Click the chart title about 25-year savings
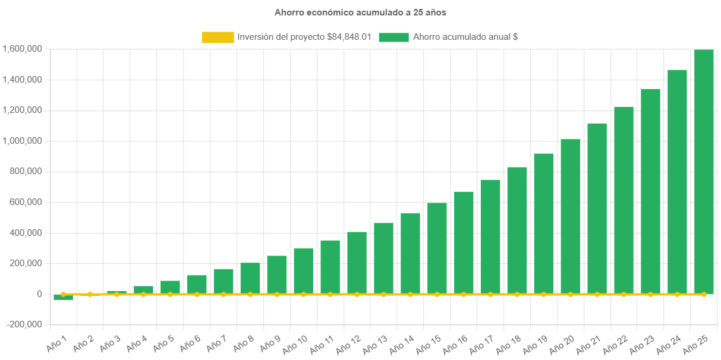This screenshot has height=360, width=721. click(x=360, y=12)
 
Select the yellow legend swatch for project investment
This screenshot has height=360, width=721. click(x=218, y=37)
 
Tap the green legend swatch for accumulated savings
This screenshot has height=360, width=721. click(x=393, y=37)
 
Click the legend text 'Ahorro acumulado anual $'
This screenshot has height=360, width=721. click(x=465, y=37)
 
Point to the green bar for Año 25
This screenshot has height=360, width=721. click(x=704, y=172)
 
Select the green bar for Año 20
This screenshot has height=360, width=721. click(x=570, y=217)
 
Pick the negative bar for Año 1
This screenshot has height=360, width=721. click(x=63, y=297)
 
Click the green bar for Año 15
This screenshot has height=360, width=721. click(x=437, y=248)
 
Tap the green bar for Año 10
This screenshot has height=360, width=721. click(x=303, y=271)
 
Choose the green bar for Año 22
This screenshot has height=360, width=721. click(x=624, y=200)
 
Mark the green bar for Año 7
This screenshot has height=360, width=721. click(x=223, y=282)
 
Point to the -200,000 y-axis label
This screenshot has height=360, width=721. click(x=24, y=325)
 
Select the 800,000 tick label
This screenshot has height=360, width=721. click(x=26, y=172)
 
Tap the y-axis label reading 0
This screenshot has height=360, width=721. click(x=39, y=294)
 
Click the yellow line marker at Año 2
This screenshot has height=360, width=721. click(x=90, y=294)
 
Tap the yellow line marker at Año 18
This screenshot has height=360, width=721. click(x=517, y=294)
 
